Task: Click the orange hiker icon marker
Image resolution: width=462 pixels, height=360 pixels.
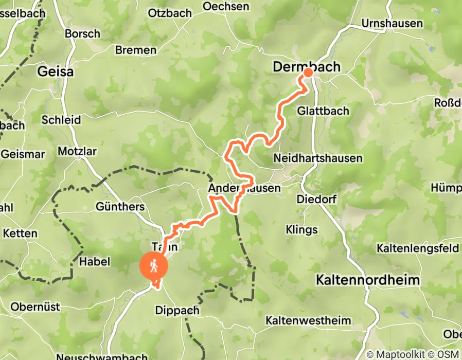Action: tap(154, 266)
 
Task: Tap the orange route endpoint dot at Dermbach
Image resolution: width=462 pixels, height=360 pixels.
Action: tap(308, 73)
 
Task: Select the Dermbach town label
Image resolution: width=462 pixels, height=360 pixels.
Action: tap(306, 67)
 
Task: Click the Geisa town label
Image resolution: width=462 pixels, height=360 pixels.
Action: tap(55, 72)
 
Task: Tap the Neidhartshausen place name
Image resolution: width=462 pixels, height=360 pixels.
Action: tap(318, 158)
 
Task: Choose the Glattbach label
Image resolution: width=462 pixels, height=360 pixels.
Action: tap(323, 111)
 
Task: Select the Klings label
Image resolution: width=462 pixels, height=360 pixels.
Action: tap(302, 229)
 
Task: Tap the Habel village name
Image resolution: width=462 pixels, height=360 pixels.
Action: tap(95, 262)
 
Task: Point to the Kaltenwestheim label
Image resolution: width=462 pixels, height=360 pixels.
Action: tap(308, 320)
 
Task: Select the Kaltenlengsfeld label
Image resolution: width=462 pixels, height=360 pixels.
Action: tap(417, 248)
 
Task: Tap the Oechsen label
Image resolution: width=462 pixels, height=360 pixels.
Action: tap(226, 7)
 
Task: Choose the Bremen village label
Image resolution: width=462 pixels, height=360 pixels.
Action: tap(136, 50)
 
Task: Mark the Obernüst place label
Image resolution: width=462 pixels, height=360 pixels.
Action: tap(35, 307)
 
